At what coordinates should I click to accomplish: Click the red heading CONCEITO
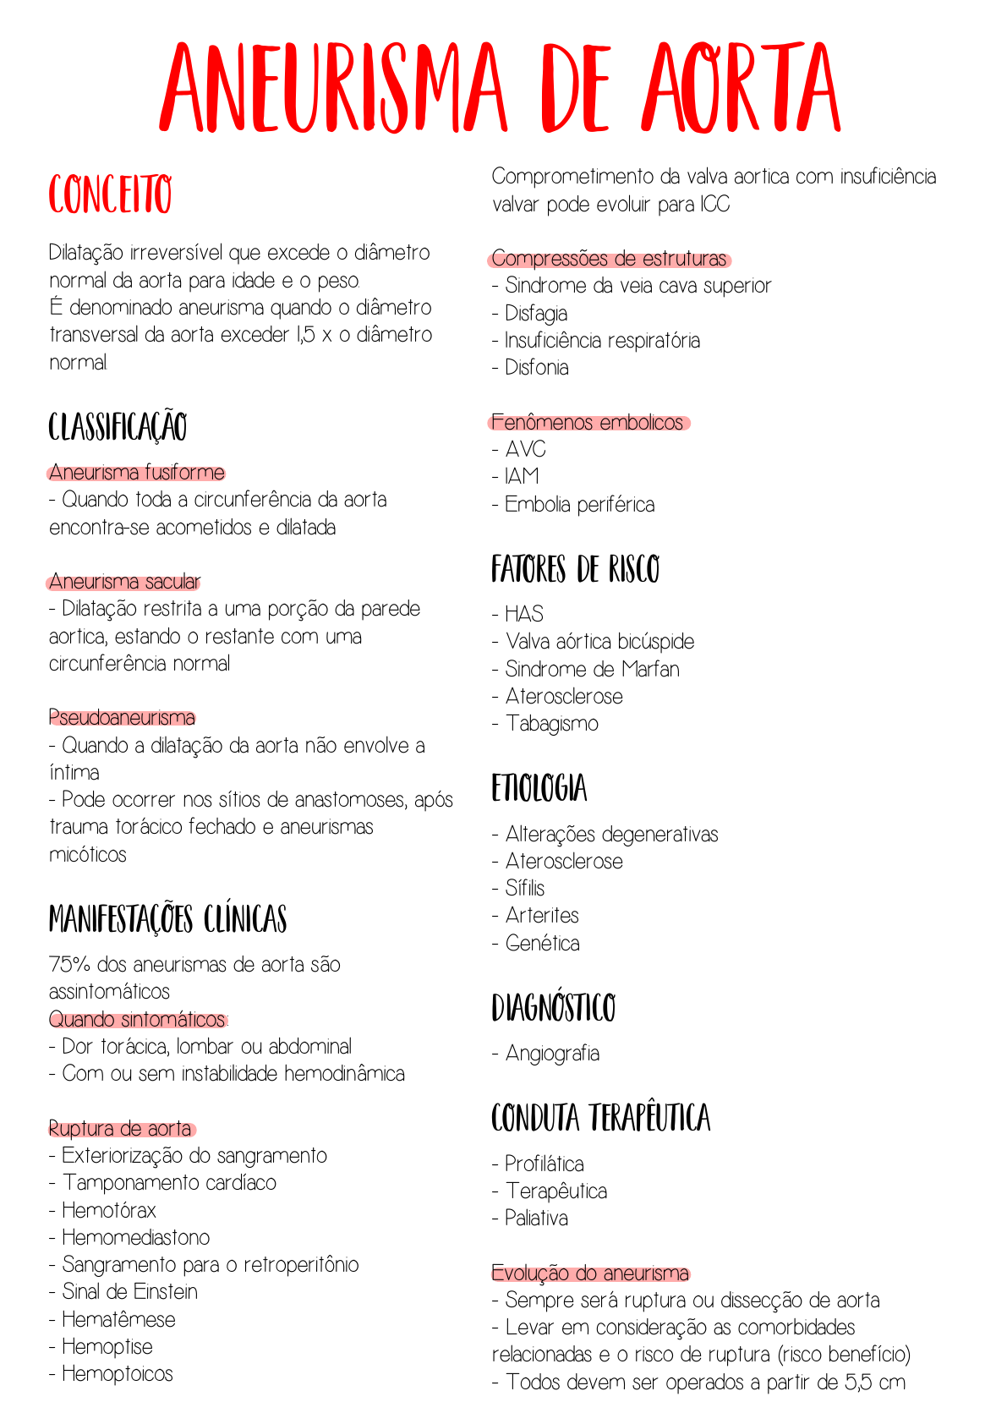pos(110,195)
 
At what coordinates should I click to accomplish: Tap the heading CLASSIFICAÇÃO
pos(118,427)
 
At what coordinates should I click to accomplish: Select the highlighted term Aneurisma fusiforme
pos(136,472)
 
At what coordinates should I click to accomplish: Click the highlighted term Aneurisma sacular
pos(124,582)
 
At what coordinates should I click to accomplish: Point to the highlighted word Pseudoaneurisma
pos(122,718)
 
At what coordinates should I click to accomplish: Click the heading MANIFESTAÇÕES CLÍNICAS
pos(167,919)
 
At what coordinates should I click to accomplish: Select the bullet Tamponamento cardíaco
pos(169,1183)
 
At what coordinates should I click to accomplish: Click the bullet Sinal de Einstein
pos(129,1292)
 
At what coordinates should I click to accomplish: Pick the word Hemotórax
pos(109,1211)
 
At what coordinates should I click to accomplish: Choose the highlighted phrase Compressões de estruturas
pos(610,259)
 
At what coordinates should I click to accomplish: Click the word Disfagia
pos(536,314)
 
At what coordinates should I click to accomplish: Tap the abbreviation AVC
pos(525,449)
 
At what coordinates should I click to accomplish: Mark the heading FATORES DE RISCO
pos(575,570)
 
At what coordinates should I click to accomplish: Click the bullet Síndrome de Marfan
pos(592,670)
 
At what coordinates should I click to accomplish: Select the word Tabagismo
pos(552,724)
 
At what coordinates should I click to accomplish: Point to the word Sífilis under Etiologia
pos(525,888)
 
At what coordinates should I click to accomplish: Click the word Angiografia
pos(552,1054)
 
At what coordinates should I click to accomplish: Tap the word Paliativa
pos(536,1219)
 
